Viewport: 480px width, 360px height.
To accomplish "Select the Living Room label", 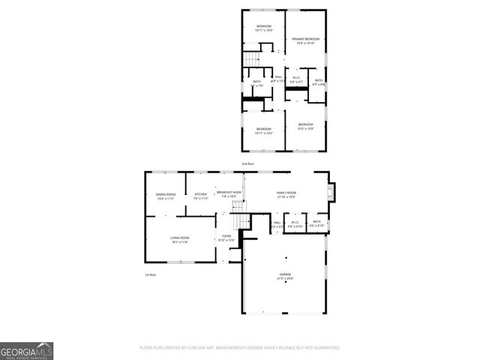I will click(178, 239).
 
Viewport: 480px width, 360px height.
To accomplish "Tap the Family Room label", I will click(286, 194).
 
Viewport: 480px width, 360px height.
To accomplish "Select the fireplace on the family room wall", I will click(332, 193).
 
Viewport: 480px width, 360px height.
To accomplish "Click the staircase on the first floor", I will click(239, 221).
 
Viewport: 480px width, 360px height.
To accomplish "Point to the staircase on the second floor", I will click(250, 58).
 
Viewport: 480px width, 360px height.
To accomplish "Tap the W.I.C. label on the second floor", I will click(296, 77).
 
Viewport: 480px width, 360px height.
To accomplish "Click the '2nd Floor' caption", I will click(247, 163).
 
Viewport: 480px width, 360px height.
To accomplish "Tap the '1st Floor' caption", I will click(150, 274).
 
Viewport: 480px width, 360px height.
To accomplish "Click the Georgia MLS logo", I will click(26, 350).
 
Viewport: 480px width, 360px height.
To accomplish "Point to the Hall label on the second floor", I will click(277, 78).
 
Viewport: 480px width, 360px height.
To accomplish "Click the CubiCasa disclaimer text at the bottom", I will click(240, 348).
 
